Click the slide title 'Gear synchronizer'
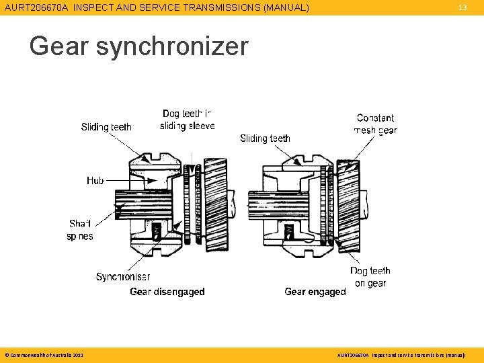(x=138, y=46)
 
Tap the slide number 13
(x=462, y=7)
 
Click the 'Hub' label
(x=95, y=180)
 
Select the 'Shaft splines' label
(x=80, y=230)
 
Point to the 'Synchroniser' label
(x=123, y=277)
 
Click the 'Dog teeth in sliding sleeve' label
(x=188, y=120)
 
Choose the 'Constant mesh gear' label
(x=375, y=124)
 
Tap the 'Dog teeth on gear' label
(x=370, y=277)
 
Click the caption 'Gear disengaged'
(x=167, y=292)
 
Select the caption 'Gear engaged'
(x=315, y=292)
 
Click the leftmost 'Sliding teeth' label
(x=106, y=127)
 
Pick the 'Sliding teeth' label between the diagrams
(x=265, y=138)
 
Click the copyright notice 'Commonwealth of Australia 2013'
(x=44, y=354)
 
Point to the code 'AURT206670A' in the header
(x=37, y=7)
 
